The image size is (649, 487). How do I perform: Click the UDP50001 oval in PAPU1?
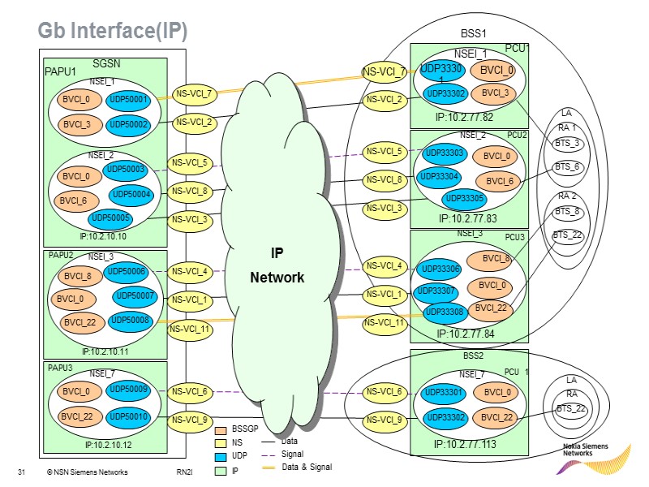pyautogui.click(x=128, y=100)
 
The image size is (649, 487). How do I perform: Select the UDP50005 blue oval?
pyautogui.click(x=110, y=218)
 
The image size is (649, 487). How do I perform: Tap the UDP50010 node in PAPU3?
pyautogui.click(x=128, y=417)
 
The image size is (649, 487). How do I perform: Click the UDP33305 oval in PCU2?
pyautogui.click(x=464, y=199)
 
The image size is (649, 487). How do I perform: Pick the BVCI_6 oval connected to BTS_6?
pyautogui.click(x=498, y=181)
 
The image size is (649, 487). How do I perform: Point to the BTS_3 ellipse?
pyautogui.click(x=567, y=144)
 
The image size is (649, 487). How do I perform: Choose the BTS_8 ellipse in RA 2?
pyautogui.click(x=567, y=212)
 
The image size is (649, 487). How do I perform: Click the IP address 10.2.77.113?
pyautogui.click(x=465, y=444)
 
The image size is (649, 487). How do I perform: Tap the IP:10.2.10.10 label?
pyautogui.click(x=103, y=236)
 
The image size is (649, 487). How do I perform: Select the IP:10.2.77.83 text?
pyautogui.click(x=468, y=218)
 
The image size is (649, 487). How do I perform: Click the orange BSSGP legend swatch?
pyautogui.click(x=221, y=431)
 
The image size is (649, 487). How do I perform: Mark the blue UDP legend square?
pyautogui.click(x=221, y=457)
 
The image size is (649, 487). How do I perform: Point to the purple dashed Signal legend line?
pyautogui.click(x=269, y=455)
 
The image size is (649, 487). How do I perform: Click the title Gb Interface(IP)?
pyautogui.click(x=113, y=31)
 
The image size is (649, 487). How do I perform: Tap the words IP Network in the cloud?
pyautogui.click(x=277, y=265)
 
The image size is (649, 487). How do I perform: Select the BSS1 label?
pyautogui.click(x=473, y=33)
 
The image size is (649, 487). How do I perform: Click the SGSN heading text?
pyautogui.click(x=106, y=63)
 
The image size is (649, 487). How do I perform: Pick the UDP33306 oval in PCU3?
pyautogui.click(x=440, y=269)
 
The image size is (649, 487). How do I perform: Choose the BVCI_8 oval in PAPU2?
pyautogui.click(x=80, y=276)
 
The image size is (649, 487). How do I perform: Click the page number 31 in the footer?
pyautogui.click(x=22, y=472)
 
